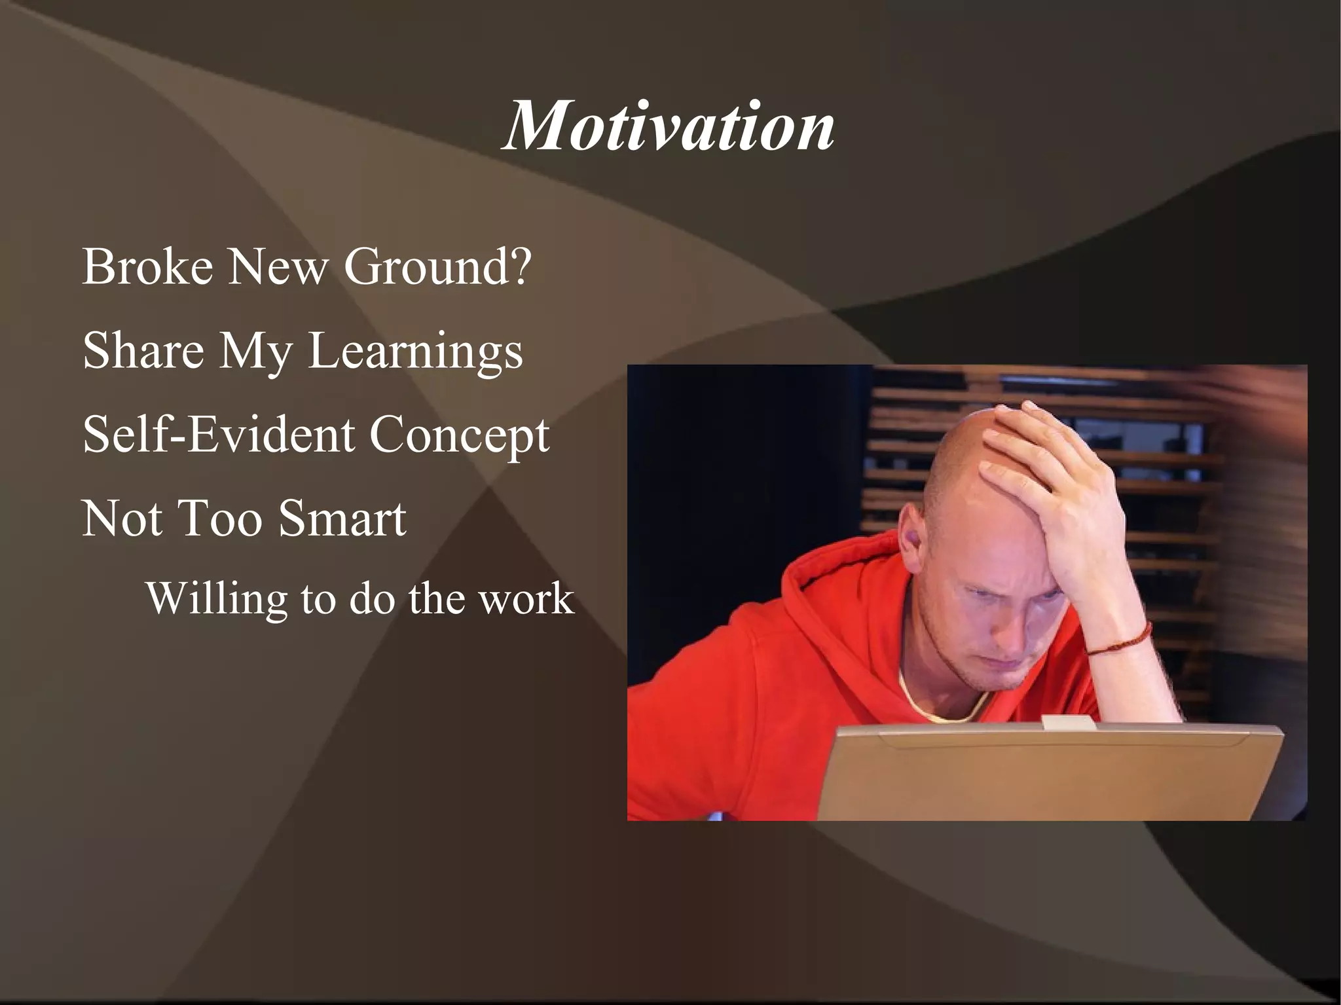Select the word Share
[x=143, y=350]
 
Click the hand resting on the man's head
[x=1048, y=471]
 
